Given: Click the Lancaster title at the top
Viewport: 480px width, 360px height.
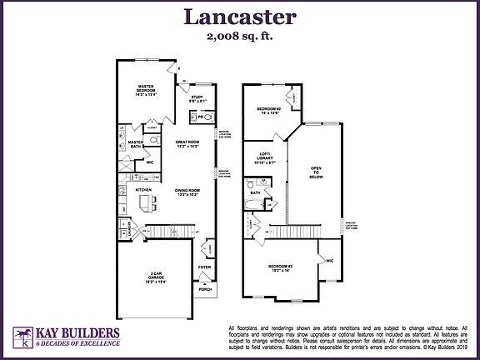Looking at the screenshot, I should pos(239,17).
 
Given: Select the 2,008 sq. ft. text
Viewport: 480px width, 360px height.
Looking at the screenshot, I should pos(239,37).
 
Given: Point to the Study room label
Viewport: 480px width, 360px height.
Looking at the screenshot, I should pos(197,100).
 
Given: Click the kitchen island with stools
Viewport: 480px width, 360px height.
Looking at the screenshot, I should pos(148,202).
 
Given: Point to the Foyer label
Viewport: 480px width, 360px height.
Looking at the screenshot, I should pos(202,267).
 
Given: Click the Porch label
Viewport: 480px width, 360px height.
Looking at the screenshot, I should pos(204,289).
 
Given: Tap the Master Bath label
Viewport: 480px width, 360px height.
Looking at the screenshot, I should pos(134,145).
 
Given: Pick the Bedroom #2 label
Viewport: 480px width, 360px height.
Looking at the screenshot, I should pos(269,110).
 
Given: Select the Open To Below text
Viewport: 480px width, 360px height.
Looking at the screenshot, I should pos(315,172).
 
